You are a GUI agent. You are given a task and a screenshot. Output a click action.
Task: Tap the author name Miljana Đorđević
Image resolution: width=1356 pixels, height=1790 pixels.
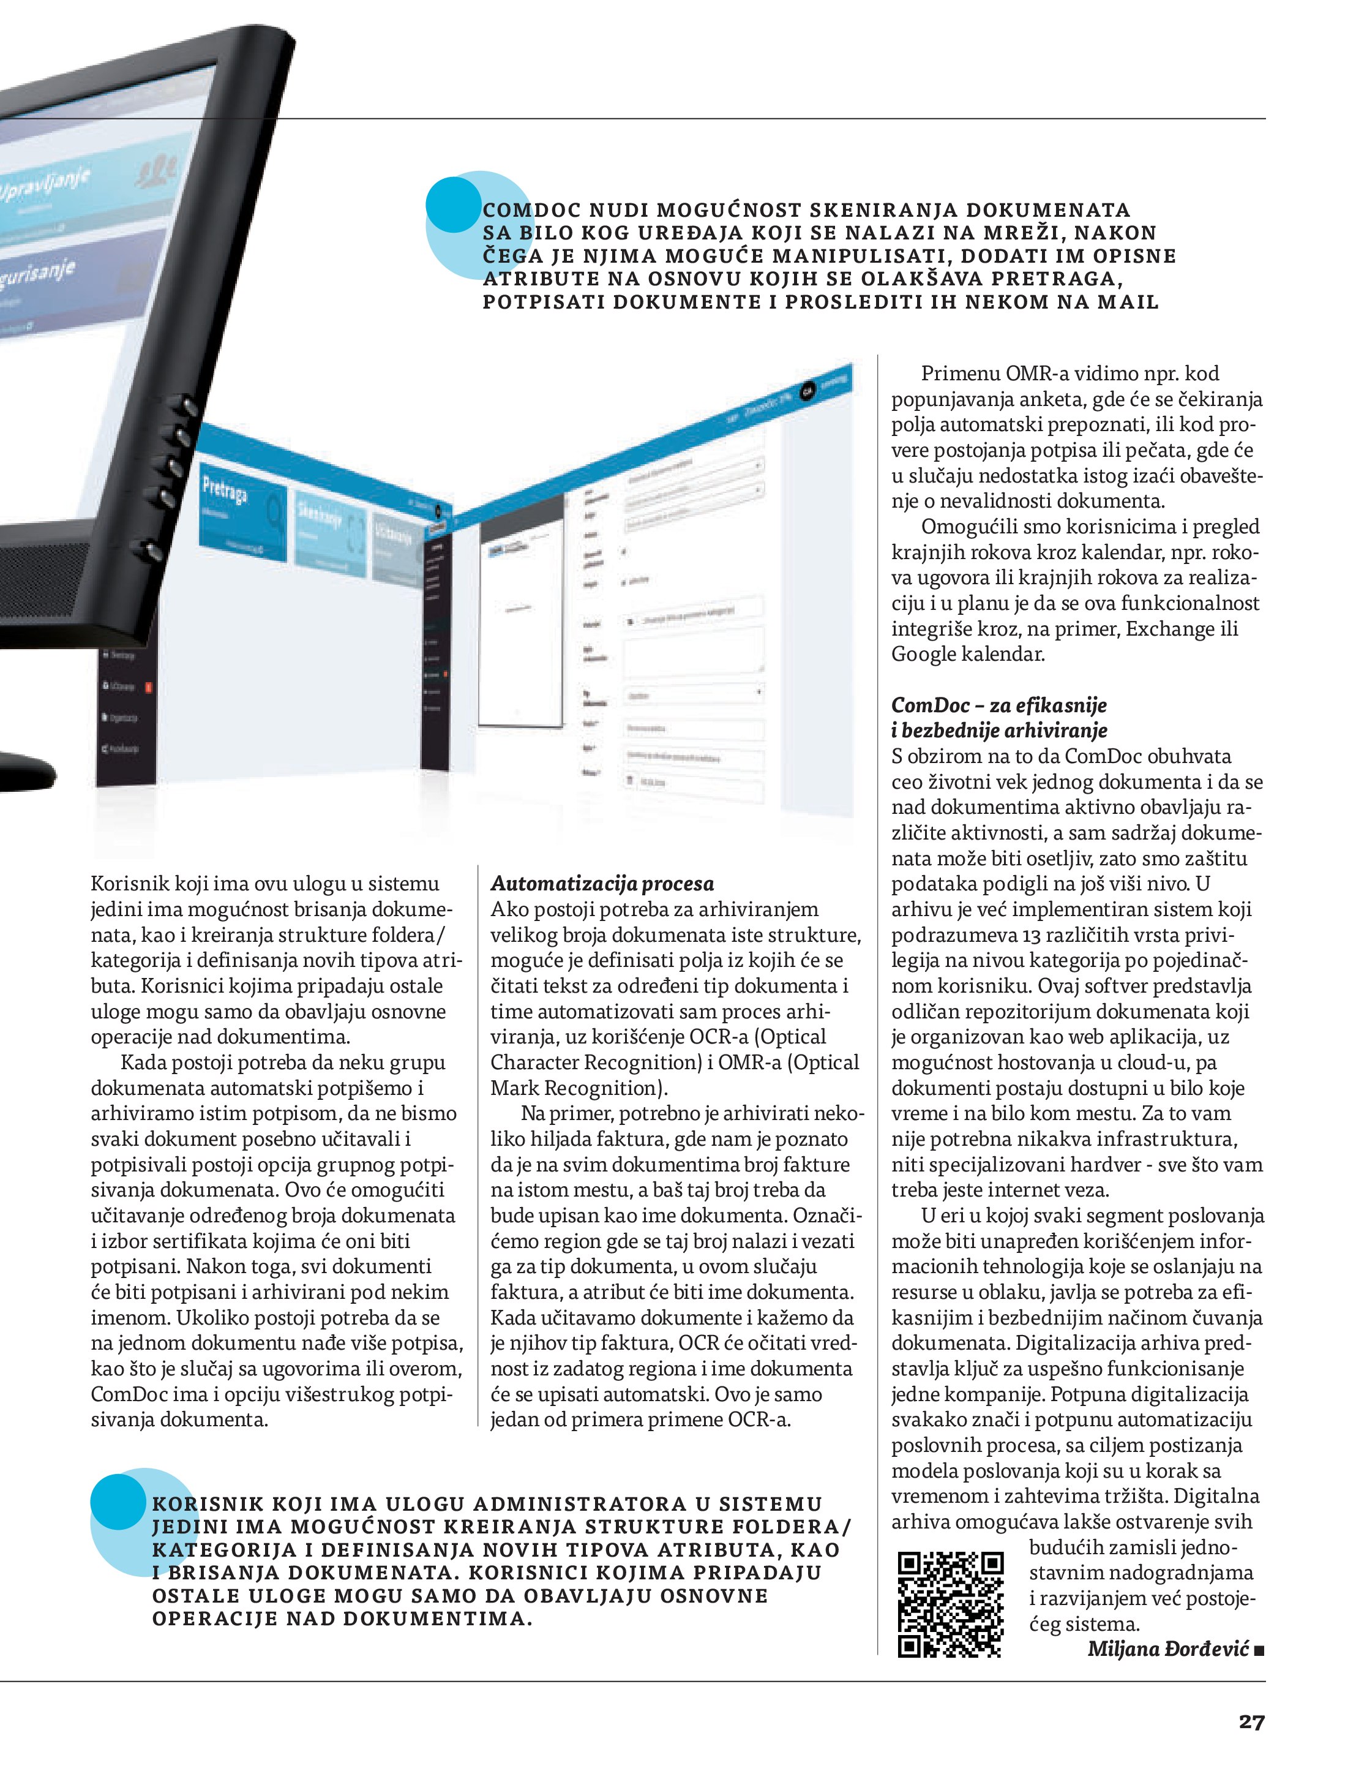tap(1167, 1649)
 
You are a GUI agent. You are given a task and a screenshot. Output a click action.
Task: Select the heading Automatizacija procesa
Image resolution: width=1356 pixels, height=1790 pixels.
tap(602, 883)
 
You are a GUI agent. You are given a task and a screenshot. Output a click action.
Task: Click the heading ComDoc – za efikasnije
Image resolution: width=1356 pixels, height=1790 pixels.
tap(998, 705)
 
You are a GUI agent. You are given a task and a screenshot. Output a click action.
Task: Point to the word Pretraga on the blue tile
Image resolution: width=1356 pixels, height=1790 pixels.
tap(224, 489)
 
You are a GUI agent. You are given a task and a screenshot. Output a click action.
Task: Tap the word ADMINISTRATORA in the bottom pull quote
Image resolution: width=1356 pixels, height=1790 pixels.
tap(579, 1503)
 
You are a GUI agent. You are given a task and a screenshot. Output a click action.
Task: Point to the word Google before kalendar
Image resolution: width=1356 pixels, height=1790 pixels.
tap(923, 654)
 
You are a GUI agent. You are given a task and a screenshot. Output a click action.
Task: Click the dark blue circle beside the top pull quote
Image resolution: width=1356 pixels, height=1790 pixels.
tap(453, 206)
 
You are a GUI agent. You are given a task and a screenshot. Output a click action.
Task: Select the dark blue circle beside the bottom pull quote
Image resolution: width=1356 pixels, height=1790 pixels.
tap(118, 1501)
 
